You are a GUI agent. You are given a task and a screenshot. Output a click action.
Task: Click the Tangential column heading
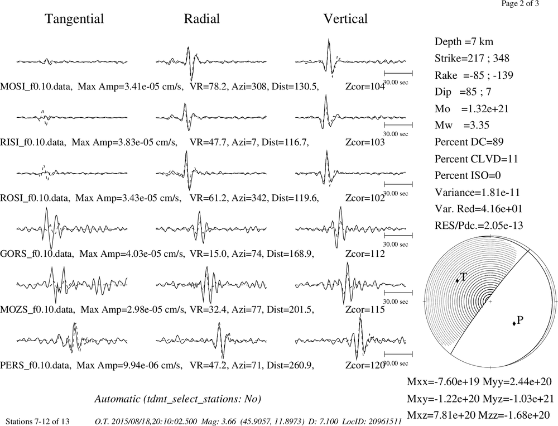point(74,19)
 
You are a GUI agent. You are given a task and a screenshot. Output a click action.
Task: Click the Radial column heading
point(202,18)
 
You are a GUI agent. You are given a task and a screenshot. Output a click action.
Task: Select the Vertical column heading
point(345,18)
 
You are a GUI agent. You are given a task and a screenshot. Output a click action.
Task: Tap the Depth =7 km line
point(464,42)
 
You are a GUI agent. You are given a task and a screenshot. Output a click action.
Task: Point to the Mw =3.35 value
point(462,126)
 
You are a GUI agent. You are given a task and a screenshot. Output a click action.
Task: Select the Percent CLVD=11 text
point(476,159)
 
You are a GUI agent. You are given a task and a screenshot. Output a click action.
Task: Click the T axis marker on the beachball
point(457,281)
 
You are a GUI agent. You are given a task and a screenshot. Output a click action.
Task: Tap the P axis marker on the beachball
point(514,323)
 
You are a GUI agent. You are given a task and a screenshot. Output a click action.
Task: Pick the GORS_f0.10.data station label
point(37,254)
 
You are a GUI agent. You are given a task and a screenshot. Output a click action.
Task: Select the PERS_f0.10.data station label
point(36,366)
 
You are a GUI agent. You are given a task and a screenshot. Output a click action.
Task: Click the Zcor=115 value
point(365,309)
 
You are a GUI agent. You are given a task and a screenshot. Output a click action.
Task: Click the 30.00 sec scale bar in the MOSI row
point(398,73)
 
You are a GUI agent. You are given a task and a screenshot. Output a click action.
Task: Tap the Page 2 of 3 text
point(520,4)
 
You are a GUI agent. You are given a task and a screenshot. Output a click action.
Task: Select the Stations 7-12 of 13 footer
point(38,422)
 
